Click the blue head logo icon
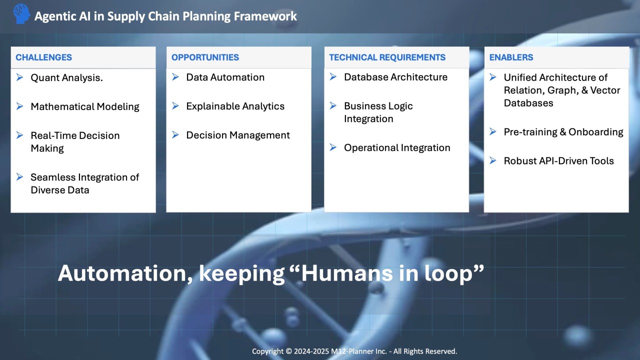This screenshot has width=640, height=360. [21, 13]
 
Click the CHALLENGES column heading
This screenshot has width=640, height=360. [43, 57]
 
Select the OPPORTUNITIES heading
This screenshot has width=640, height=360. [205, 57]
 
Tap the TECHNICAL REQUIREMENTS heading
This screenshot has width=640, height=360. [387, 57]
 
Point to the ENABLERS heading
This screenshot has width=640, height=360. [511, 57]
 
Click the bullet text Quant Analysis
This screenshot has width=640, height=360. [67, 77]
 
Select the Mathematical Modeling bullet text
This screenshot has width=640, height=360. [85, 106]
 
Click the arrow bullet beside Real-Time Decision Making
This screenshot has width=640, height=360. [19, 135]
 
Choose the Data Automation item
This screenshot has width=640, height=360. [225, 77]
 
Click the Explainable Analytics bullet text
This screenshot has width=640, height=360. [235, 106]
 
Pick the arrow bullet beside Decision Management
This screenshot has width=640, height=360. [175, 134]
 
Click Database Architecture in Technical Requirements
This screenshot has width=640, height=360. [395, 77]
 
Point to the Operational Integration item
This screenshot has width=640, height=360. [397, 147]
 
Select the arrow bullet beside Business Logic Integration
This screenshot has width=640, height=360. [333, 105]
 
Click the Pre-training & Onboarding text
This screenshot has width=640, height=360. [563, 132]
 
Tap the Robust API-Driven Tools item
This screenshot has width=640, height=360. [559, 161]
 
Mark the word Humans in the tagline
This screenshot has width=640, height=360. [347, 273]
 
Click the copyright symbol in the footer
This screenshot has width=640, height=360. [289, 351]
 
